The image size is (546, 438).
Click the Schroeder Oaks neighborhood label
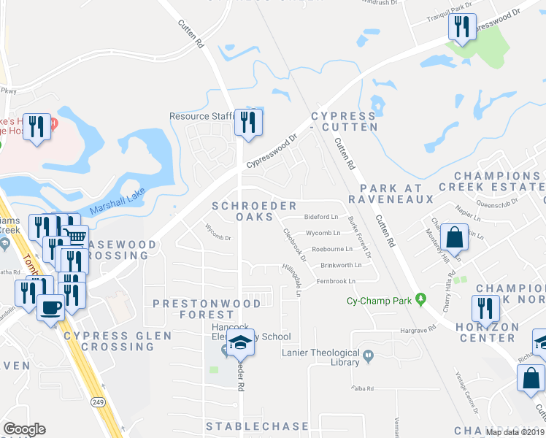tap(244, 212)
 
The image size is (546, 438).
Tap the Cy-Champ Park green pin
tap(420, 299)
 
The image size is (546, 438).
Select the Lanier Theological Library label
tap(321, 358)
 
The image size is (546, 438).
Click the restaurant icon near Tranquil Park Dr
tap(462, 27)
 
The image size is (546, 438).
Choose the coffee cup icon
tap(50, 307)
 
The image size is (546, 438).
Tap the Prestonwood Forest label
tap(207, 308)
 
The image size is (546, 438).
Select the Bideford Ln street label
tap(321, 217)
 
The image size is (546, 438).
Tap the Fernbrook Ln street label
tap(336, 281)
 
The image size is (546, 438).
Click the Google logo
tap(24, 429)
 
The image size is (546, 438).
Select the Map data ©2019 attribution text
tap(515, 432)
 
